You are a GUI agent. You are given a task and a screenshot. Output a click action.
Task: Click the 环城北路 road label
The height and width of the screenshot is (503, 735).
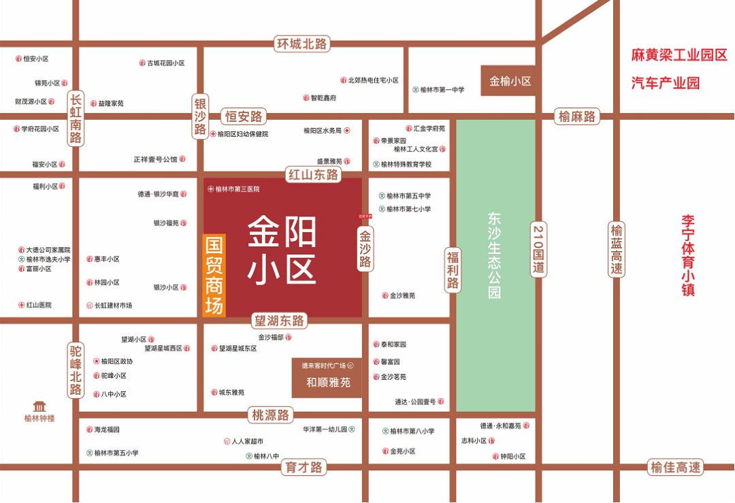coord(302,44)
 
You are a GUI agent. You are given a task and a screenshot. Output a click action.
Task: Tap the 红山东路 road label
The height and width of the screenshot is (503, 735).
coord(313,175)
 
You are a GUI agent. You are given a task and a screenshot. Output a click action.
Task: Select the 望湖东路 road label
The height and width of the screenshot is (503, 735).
coord(279,321)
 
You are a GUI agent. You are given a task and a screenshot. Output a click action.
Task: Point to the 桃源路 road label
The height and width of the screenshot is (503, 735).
coord(271,415)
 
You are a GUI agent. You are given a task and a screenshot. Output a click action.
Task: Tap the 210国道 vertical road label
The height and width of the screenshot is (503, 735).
coord(538,249)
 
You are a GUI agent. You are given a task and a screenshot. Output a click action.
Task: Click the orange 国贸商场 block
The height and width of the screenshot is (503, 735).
coord(214,275)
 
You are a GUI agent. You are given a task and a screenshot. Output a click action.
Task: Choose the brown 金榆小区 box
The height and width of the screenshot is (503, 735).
coord(510,81)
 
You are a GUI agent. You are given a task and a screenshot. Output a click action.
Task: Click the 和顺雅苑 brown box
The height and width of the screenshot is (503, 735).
coord(328,383)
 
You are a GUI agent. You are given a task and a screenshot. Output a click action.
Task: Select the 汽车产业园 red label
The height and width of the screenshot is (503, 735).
coord(665,84)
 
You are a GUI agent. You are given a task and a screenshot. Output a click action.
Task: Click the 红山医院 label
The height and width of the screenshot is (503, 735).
coord(38,305)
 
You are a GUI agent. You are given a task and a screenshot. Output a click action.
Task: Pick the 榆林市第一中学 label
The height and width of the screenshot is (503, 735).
coord(442,90)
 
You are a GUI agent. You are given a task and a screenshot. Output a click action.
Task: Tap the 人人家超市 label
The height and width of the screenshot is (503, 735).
coord(246,441)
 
